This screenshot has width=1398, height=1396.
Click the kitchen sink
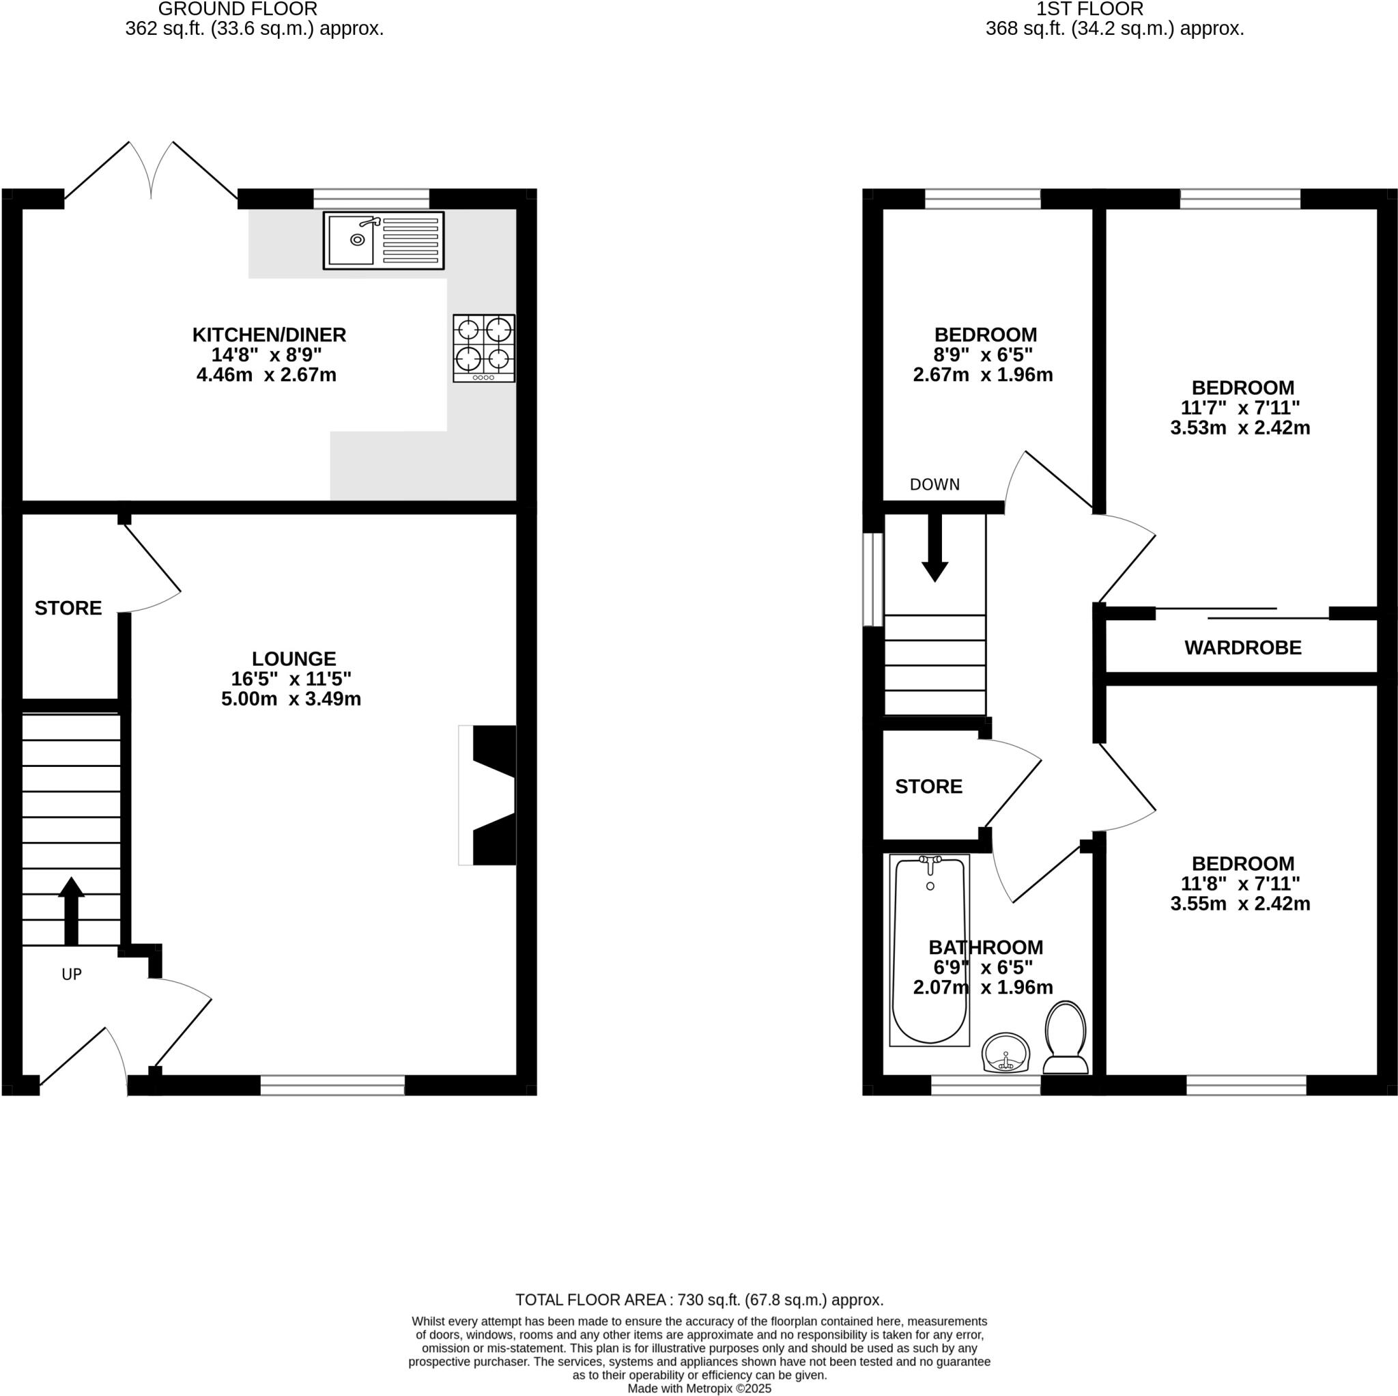[383, 240]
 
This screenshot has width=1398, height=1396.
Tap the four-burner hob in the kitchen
[483, 348]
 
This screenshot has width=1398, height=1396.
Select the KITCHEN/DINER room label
[269, 335]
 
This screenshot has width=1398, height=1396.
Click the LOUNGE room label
[294, 658]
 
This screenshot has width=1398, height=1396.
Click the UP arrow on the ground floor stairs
[71, 910]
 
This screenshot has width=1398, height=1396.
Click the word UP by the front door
[72, 974]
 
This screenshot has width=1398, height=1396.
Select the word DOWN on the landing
[935, 484]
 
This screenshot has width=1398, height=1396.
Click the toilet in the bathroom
[1065, 1037]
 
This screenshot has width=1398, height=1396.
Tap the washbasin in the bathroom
[1005, 1052]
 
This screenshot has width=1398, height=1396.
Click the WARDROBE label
[1242, 647]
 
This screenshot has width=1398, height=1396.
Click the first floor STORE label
[928, 786]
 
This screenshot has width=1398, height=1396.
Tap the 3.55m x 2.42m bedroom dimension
[1240, 904]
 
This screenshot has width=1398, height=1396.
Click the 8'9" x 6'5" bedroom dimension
[983, 354]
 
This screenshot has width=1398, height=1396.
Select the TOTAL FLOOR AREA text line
[699, 1300]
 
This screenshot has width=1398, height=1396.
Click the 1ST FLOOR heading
[1089, 10]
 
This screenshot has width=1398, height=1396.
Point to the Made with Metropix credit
[699, 1388]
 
